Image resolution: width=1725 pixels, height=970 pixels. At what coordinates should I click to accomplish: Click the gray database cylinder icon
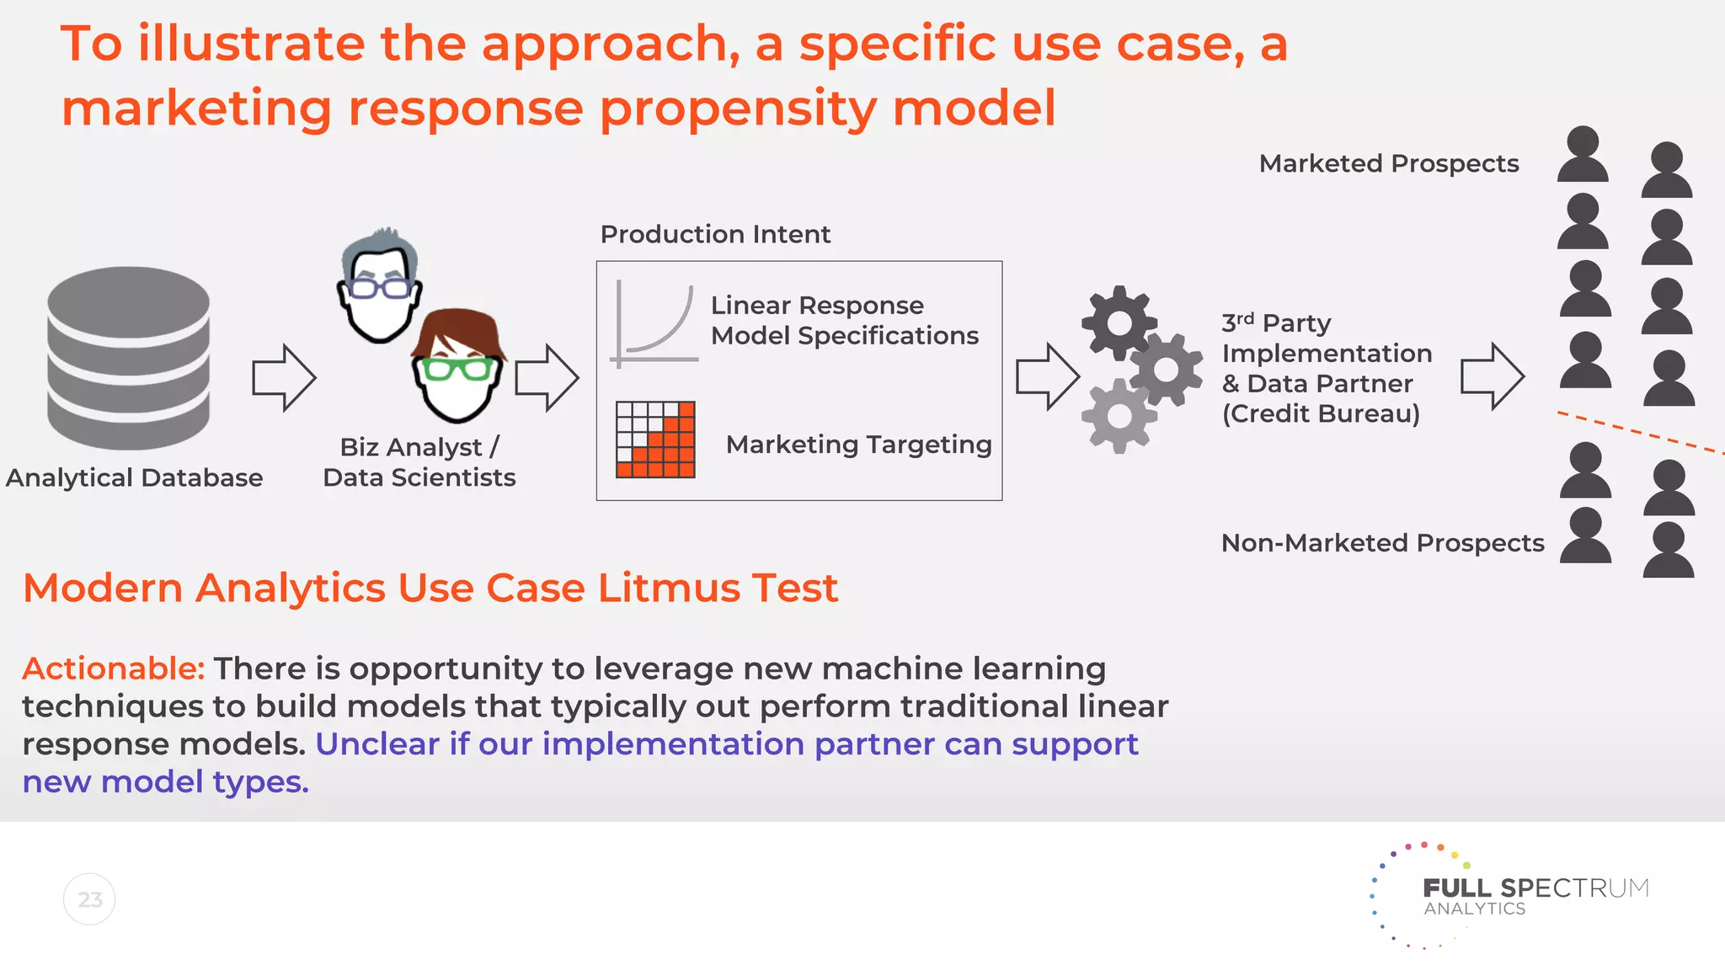(x=128, y=358)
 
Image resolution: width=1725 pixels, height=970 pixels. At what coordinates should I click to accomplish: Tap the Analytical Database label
(x=135, y=477)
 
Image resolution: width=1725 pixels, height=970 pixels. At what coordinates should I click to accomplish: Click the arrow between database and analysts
(x=284, y=377)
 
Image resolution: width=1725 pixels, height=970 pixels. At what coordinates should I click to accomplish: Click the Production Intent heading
(x=715, y=234)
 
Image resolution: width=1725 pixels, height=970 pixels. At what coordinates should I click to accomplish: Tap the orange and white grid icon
(x=655, y=440)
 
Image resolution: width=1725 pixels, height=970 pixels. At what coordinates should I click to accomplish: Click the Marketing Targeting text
(x=858, y=445)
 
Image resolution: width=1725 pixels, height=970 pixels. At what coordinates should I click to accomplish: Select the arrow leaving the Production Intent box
(x=1047, y=376)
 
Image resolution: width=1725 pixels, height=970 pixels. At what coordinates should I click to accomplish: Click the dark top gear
(x=1119, y=322)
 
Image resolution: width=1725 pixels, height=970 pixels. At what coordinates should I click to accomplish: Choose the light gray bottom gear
(x=1119, y=416)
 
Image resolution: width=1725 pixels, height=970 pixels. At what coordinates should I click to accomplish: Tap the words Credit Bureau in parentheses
(x=1321, y=413)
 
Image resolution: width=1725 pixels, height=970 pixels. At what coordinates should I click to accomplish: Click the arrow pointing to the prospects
(x=1492, y=376)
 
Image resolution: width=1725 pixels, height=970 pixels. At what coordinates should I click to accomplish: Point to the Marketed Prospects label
(x=1388, y=163)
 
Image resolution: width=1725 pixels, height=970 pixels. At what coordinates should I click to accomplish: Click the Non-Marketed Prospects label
(x=1382, y=543)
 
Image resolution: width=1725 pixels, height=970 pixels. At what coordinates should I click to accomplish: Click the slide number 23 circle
(x=89, y=899)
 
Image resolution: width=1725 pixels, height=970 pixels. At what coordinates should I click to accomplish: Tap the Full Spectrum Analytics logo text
(x=1535, y=895)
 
